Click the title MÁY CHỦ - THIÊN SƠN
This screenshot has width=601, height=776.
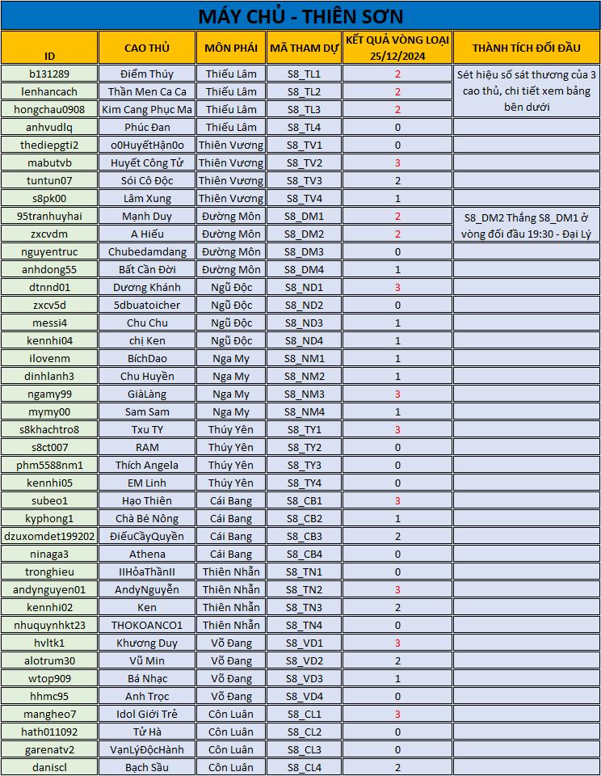tap(300, 16)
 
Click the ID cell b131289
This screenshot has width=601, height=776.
tap(49, 74)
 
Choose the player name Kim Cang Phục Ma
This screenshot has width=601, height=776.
tap(146, 109)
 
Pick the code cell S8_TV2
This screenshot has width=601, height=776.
tap(304, 162)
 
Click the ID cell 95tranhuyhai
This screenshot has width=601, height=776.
tap(49, 216)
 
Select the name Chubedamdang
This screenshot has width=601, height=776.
tap(146, 251)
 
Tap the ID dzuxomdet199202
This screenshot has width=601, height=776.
tap(49, 536)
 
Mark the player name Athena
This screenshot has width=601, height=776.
tap(146, 554)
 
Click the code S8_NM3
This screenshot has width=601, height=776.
tap(304, 394)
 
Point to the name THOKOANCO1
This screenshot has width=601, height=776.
tap(146, 625)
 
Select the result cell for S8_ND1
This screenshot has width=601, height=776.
tap(397, 287)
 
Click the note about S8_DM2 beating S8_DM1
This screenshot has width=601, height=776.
tap(525, 225)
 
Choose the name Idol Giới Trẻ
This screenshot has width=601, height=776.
tap(146, 714)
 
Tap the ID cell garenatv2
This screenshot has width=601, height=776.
tap(49, 749)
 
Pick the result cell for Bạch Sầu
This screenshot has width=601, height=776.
tap(397, 767)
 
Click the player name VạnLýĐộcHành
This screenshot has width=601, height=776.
tap(146, 749)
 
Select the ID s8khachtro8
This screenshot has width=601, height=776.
tap(49, 429)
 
